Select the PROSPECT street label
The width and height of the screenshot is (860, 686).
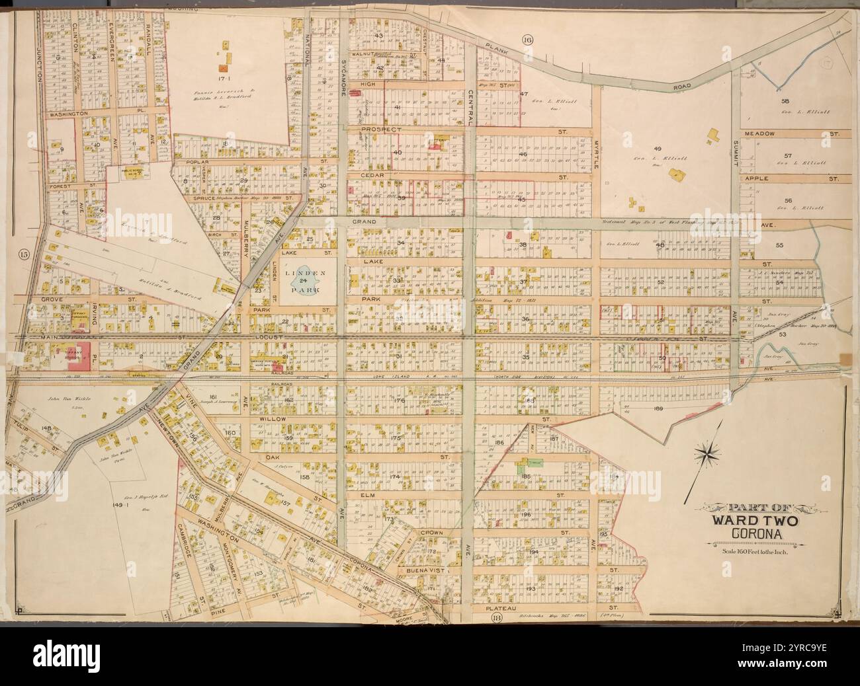[382, 130]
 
